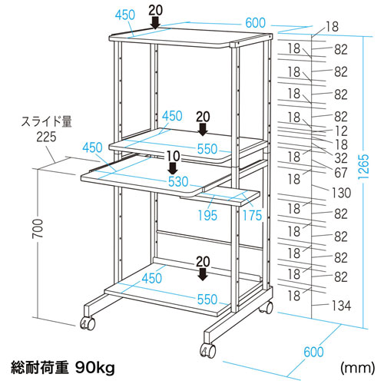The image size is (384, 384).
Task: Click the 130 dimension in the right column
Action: (x=339, y=192)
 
